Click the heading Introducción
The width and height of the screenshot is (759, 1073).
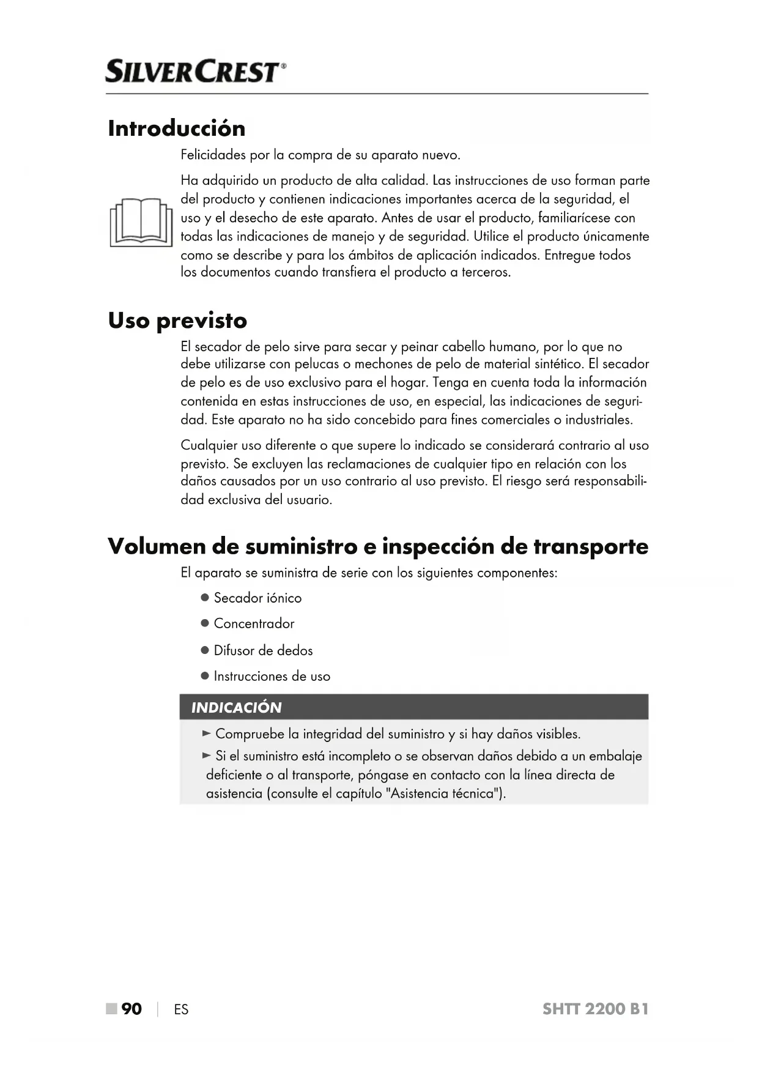(176, 128)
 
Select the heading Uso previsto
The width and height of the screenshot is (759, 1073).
(177, 321)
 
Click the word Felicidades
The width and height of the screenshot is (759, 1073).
(213, 155)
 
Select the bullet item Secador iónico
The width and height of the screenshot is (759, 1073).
(257, 598)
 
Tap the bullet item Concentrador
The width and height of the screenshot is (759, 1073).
(254, 624)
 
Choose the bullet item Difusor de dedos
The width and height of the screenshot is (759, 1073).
(263, 651)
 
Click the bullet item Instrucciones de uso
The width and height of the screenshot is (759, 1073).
(272, 677)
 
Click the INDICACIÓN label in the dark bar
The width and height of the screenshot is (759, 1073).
(236, 708)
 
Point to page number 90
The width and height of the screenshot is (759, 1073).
(131, 1009)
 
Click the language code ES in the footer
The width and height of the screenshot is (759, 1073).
(181, 1010)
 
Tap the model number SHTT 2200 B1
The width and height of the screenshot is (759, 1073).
(595, 1009)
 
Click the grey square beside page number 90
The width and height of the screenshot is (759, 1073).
(111, 1009)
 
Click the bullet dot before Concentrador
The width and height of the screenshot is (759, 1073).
(205, 624)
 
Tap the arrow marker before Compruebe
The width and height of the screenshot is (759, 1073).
(207, 733)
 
